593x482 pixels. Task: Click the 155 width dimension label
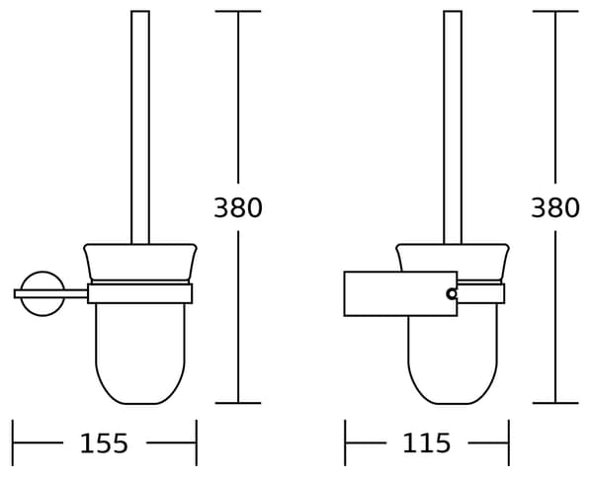click(104, 443)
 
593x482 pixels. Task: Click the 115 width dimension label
click(427, 443)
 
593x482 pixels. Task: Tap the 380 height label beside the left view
click(238, 207)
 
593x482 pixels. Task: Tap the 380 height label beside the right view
click(555, 207)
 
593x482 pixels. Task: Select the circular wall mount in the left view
click(23, 283)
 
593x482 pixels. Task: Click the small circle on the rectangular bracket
click(452, 293)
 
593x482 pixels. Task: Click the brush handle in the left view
click(140, 127)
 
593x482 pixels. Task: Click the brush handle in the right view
click(453, 127)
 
